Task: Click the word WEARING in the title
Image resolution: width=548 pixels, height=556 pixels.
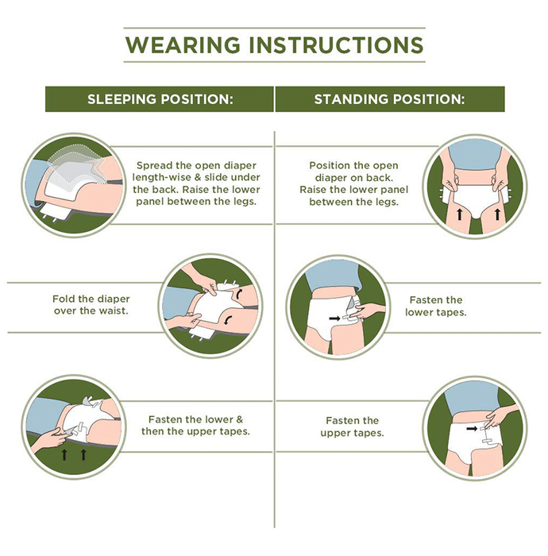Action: click(x=183, y=45)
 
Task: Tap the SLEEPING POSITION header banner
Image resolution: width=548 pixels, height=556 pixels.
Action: click(x=160, y=99)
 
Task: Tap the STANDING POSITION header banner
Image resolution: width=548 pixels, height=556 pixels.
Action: click(x=390, y=99)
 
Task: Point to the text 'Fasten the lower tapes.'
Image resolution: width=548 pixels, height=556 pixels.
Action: click(x=436, y=306)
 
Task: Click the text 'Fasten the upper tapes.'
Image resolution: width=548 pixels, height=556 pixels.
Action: click(x=352, y=427)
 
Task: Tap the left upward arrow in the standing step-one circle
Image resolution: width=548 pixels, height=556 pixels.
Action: click(x=459, y=214)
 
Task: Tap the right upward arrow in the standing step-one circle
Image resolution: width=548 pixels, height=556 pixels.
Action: click(x=497, y=214)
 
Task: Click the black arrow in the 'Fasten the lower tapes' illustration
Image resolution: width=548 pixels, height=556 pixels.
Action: click(x=334, y=319)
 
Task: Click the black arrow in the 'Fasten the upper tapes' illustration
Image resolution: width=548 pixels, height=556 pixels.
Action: click(x=472, y=429)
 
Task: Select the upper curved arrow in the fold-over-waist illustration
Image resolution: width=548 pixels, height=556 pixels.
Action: click(x=240, y=293)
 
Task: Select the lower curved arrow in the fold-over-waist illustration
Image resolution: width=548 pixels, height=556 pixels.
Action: click(x=227, y=320)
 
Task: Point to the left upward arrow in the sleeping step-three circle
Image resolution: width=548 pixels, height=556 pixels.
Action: click(x=64, y=454)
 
